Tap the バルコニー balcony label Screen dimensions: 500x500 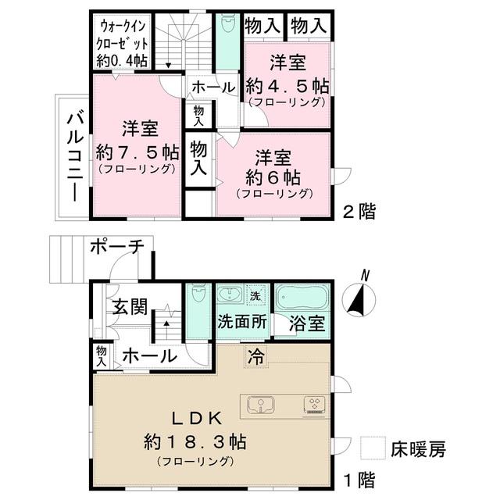(74, 157)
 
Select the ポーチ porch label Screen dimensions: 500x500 (116, 247)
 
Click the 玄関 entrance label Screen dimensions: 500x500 (128, 306)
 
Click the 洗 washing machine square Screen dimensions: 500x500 (255, 296)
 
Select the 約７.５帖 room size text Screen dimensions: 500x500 (137, 151)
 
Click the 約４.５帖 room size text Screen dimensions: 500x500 (287, 84)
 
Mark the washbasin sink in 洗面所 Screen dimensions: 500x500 (229, 296)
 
